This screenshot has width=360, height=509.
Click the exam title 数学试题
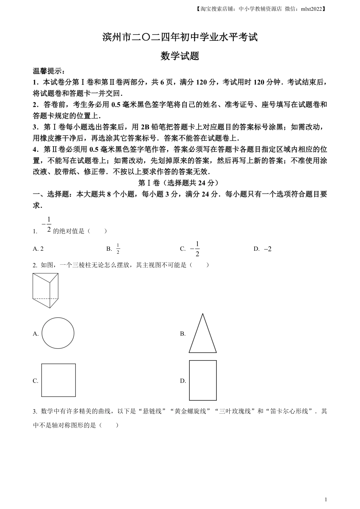point(180,56)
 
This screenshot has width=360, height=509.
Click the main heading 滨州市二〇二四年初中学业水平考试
point(180,37)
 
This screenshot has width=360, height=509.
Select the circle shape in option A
point(58,333)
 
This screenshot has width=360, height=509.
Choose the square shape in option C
point(58,380)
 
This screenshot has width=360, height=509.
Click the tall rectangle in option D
point(203,380)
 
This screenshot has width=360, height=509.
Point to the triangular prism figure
point(45,290)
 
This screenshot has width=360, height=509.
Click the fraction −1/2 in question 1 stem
point(47,225)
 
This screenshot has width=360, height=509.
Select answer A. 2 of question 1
point(38,249)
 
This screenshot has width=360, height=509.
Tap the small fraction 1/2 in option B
point(118,249)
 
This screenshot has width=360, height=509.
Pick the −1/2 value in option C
point(195,249)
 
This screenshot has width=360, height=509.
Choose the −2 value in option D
point(268,249)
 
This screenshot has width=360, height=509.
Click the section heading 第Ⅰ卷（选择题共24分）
point(178,183)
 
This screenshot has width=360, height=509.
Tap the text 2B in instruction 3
point(145,127)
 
